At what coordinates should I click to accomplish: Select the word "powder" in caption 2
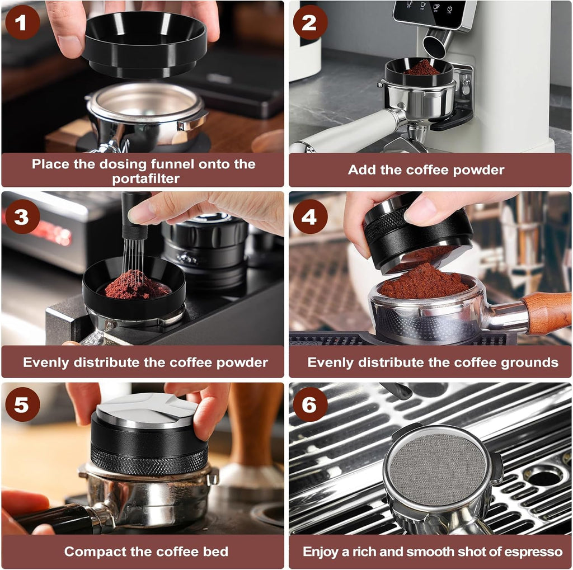pyautogui.click(x=476, y=170)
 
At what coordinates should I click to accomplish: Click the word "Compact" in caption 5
pyautogui.click(x=93, y=552)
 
